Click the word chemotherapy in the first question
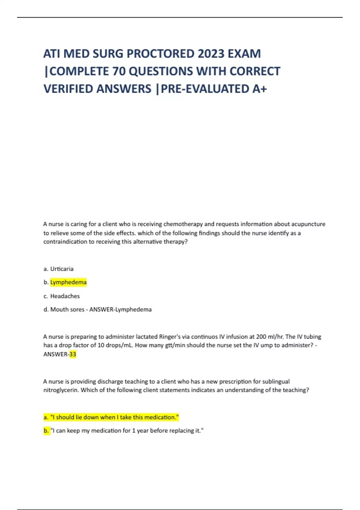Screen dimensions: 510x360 click(x=183, y=224)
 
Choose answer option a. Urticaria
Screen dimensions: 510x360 click(x=58, y=269)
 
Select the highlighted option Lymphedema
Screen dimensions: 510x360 click(x=68, y=282)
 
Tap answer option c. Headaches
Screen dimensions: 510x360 click(x=61, y=296)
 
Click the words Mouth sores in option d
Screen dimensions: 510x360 click(x=67, y=309)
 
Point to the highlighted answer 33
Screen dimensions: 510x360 click(x=73, y=354)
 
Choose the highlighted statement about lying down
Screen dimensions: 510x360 click(x=111, y=417)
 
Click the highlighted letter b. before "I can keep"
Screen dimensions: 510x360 click(x=46, y=431)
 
